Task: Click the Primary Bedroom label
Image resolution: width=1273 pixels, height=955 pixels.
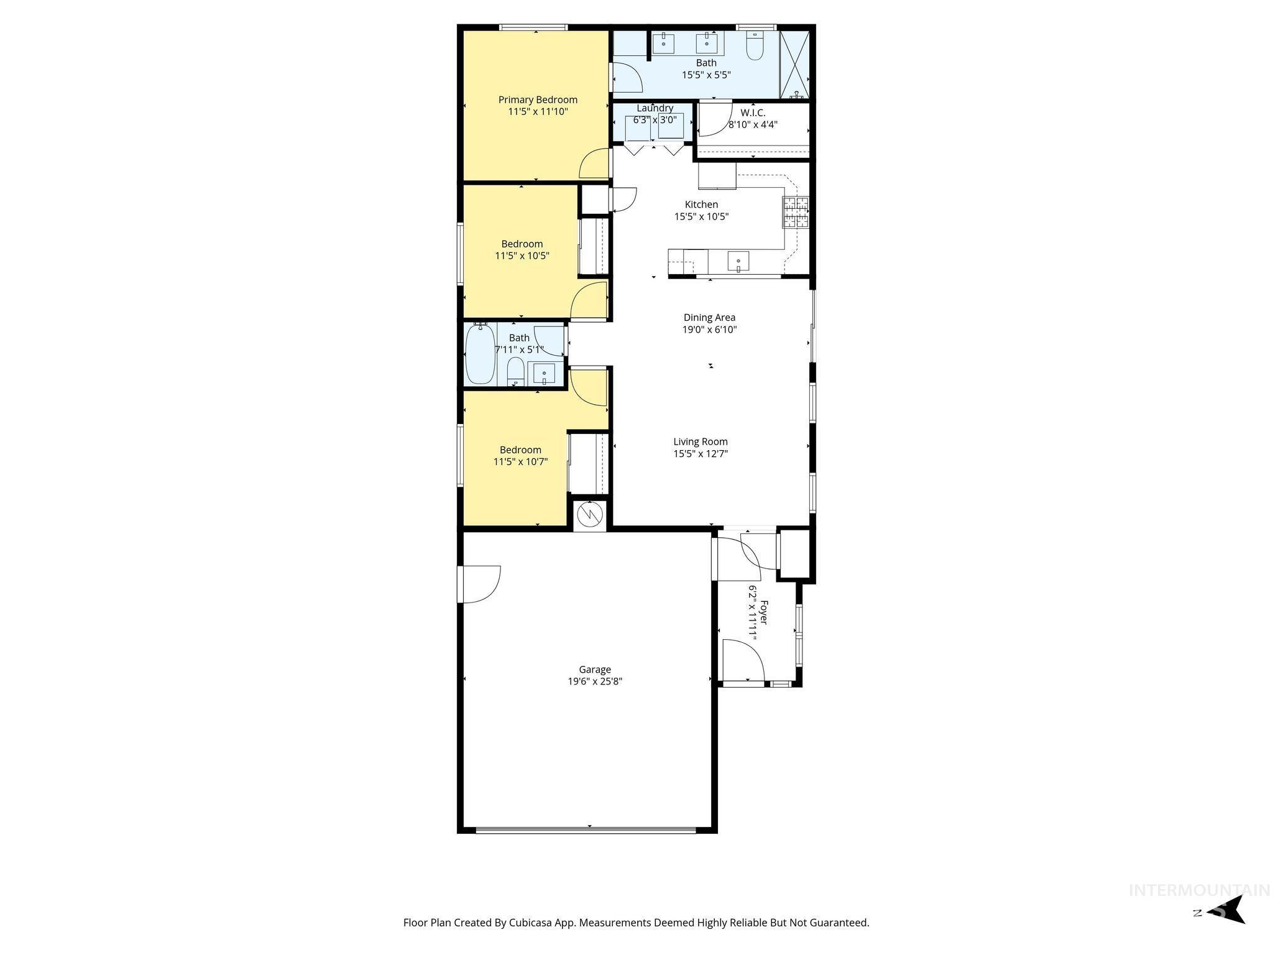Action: [538, 99]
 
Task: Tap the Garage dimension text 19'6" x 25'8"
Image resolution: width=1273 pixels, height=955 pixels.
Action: [595, 681]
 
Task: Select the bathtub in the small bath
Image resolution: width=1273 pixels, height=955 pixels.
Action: [480, 354]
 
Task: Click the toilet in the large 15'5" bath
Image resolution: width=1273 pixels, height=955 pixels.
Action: [755, 47]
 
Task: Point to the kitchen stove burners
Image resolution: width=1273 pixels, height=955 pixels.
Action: [796, 212]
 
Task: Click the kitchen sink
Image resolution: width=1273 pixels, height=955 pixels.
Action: [738, 261]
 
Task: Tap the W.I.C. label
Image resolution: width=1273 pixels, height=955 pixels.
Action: [753, 113]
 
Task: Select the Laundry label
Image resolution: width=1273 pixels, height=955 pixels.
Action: [655, 108]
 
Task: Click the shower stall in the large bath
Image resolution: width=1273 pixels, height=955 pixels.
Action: [795, 64]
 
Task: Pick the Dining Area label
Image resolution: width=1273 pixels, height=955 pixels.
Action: [709, 317]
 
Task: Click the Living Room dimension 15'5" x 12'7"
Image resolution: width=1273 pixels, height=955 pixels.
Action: [701, 454]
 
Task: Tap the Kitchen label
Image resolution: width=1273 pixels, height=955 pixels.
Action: [701, 205]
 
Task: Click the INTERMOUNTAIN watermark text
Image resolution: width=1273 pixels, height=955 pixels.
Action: [1199, 890]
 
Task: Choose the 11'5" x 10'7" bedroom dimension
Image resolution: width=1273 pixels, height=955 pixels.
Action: [520, 462]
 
